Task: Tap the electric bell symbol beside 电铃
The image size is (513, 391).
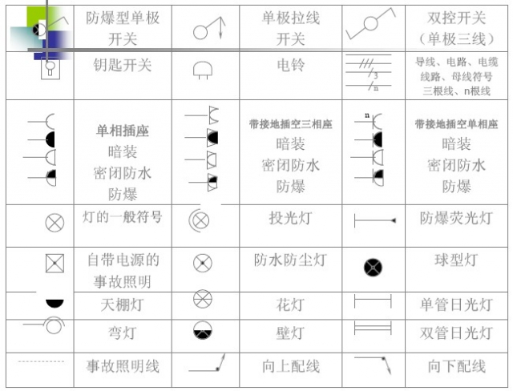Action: tap(203, 71)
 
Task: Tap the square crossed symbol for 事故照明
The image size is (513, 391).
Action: tap(55, 263)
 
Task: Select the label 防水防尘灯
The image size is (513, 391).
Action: tap(290, 260)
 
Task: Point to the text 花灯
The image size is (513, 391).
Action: tap(290, 304)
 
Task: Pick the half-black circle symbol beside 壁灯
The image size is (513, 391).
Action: tap(203, 332)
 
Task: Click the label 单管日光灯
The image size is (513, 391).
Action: tap(456, 304)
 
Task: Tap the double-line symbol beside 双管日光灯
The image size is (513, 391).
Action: tap(373, 329)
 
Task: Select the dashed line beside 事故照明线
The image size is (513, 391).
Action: tap(41, 361)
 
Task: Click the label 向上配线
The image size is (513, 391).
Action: tap(290, 366)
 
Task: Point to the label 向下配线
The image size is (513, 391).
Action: tap(456, 366)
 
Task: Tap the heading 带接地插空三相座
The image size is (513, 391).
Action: tap(290, 124)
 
